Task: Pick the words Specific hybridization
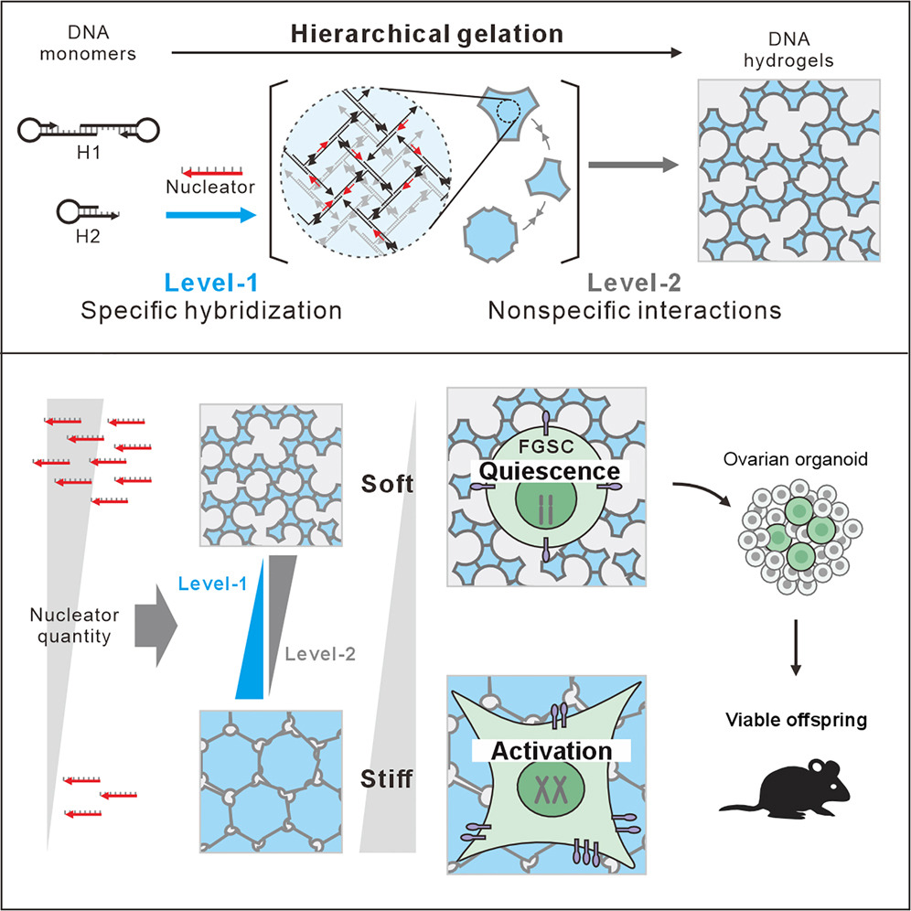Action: pos(211,310)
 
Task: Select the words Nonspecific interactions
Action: pos(635,310)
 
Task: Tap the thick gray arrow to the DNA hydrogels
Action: pos(634,166)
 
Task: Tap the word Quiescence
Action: pos(547,471)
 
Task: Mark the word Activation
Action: pos(552,751)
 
